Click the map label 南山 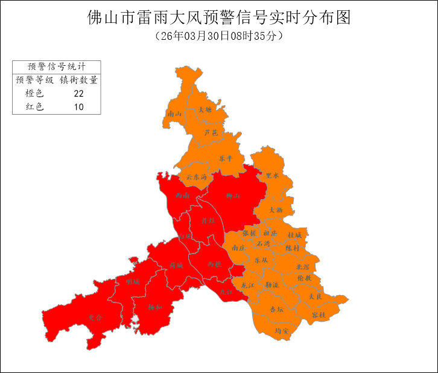coord(175,113)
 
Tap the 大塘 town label coord(205,110)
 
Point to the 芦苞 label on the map coord(211,132)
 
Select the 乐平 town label coord(226,158)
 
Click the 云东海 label coord(197,177)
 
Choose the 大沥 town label coord(275,210)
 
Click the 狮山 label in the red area coord(233,196)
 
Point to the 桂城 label coord(294,234)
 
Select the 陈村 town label coord(292,248)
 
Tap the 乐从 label coord(261,260)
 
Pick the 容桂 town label coord(319,315)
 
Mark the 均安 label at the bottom coord(282,331)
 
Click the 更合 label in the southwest coord(95,317)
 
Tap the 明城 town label coord(132,282)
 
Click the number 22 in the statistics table coord(78,94)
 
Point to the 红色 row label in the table coord(34,107)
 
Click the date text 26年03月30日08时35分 coord(219,36)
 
